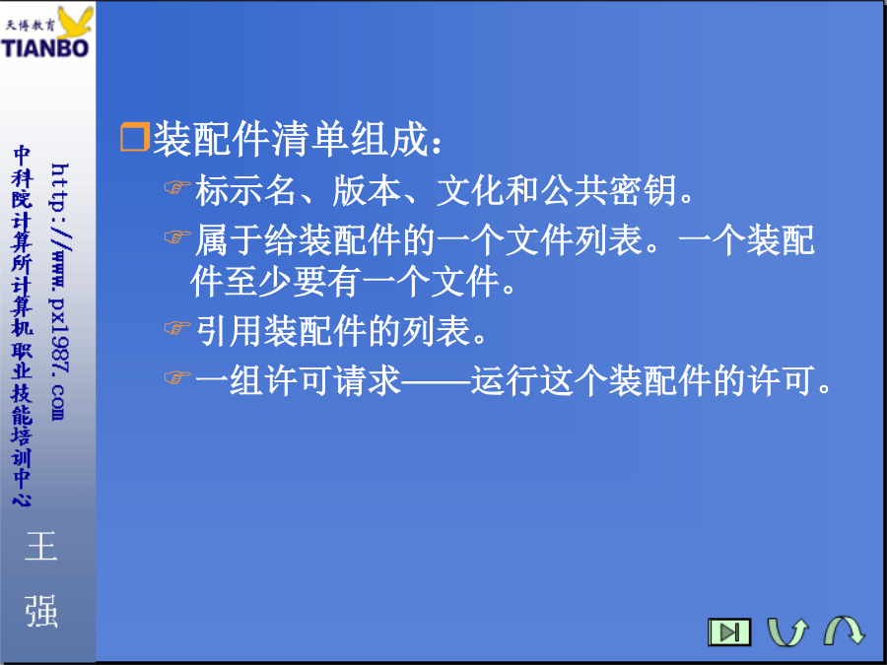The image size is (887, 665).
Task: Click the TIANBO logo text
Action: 45,47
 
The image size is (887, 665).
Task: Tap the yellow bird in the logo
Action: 76,22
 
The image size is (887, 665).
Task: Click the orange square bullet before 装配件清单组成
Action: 135,137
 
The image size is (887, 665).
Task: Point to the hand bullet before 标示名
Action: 177,187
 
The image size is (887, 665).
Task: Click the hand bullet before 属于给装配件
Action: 177,236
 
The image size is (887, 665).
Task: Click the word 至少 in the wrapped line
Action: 258,282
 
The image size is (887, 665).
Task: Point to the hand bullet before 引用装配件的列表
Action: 177,327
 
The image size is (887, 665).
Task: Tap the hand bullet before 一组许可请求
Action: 177,376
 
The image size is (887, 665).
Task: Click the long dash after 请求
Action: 436,381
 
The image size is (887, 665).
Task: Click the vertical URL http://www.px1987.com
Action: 59,292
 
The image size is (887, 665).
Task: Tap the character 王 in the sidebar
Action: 41,546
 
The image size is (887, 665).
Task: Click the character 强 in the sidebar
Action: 41,611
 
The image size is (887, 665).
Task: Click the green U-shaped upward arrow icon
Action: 787,632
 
